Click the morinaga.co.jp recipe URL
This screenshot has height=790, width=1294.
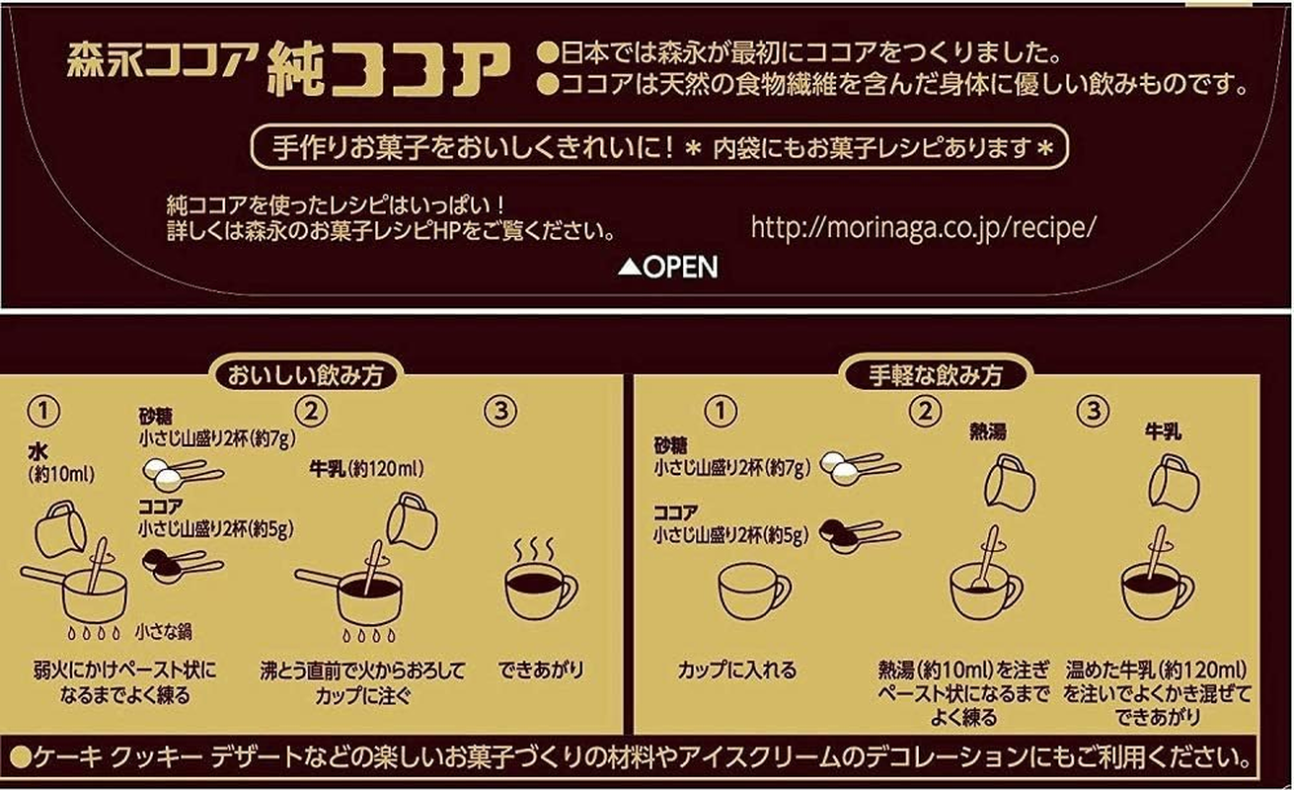[x=923, y=226]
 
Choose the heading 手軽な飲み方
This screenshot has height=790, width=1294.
[x=935, y=375]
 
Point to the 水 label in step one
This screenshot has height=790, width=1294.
[x=38, y=452]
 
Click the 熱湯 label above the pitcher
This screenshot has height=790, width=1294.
[x=993, y=432]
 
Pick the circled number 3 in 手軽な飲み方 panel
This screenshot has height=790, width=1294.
[x=1092, y=412]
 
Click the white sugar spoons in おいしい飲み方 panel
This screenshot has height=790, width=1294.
[x=183, y=472]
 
